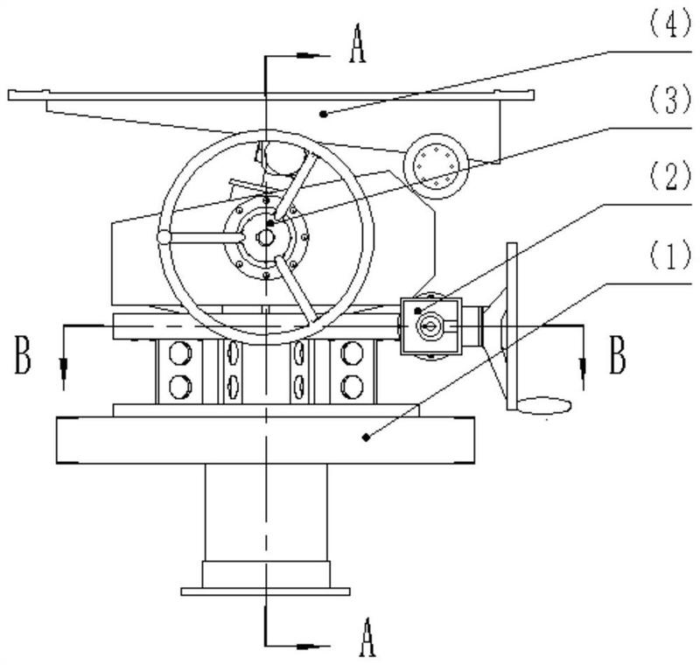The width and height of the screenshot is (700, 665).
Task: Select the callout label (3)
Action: (x=668, y=101)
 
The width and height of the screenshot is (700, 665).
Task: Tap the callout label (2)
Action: (x=668, y=177)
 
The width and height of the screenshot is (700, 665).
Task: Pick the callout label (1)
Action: (x=668, y=257)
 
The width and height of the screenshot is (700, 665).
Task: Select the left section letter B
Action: (x=23, y=355)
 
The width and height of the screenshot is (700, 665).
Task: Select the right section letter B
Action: (x=617, y=355)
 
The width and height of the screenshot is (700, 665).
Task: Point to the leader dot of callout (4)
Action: (x=324, y=115)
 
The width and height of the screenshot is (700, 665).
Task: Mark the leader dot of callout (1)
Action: (x=366, y=437)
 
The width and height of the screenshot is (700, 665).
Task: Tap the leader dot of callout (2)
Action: (x=418, y=310)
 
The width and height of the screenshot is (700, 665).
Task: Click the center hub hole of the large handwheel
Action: (x=266, y=237)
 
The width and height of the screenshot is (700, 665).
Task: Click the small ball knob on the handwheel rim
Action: (x=164, y=237)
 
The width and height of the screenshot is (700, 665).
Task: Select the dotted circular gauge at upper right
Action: (x=436, y=166)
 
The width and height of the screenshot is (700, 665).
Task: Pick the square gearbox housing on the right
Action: (x=430, y=326)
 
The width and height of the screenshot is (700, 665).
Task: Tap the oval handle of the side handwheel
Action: (x=544, y=406)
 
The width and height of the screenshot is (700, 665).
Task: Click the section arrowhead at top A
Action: (x=307, y=56)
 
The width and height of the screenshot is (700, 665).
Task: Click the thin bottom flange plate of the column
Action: (x=265, y=591)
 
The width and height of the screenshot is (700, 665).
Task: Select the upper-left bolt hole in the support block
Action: (x=180, y=352)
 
